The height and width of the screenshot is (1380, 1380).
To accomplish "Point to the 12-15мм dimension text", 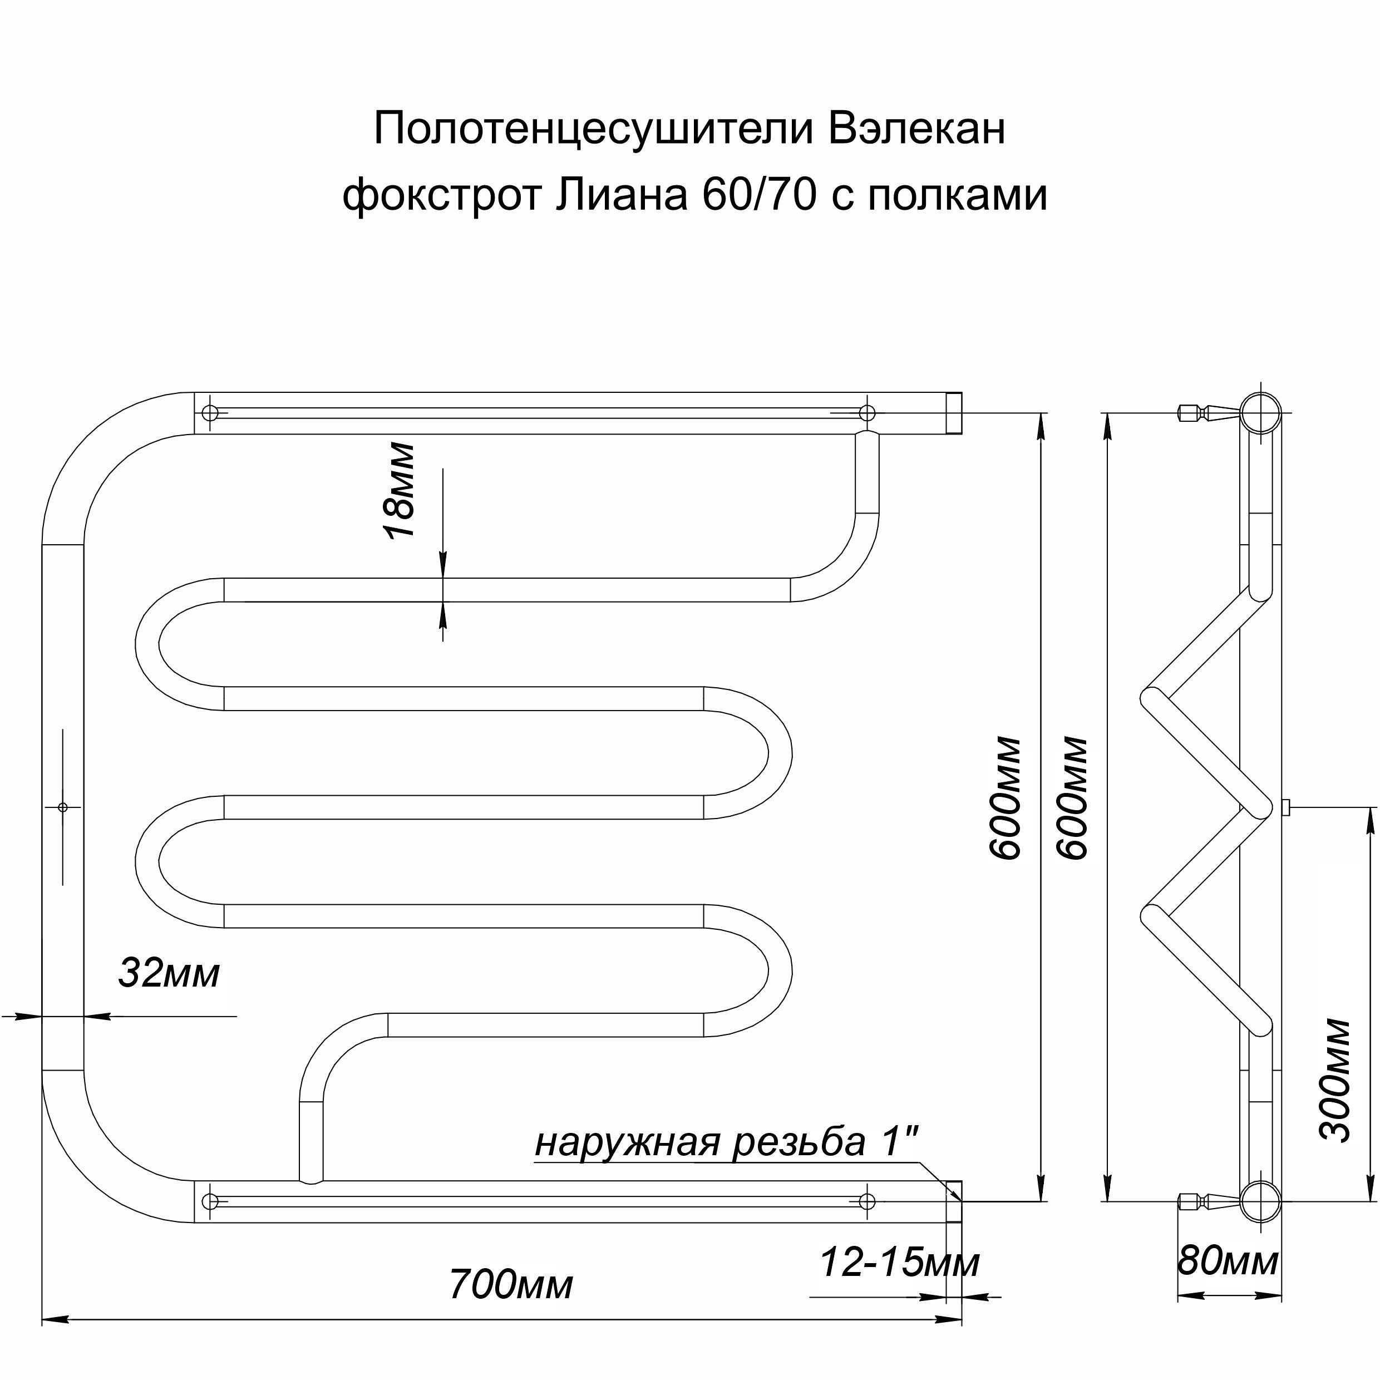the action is click(x=899, y=1263).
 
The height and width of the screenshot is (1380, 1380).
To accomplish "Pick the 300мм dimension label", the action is click(x=1334, y=1081).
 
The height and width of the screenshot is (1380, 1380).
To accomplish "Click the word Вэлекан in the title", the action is click(x=916, y=129).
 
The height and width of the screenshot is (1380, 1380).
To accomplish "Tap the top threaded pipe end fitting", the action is click(x=954, y=413).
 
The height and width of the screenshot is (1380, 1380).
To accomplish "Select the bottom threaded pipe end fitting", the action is click(x=954, y=1201).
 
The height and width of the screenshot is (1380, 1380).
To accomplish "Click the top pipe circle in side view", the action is click(x=1259, y=413).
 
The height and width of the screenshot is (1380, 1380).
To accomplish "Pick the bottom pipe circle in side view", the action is click(x=1259, y=1201).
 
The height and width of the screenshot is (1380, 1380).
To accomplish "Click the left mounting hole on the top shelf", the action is click(x=210, y=413).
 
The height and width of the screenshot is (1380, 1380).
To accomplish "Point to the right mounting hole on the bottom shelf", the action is click(x=866, y=1201).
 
